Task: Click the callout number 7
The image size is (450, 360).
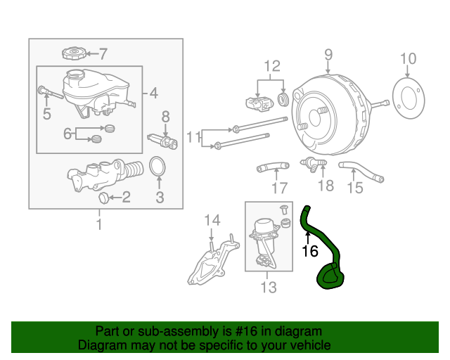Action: tap(103, 53)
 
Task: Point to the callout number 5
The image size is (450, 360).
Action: tap(46, 113)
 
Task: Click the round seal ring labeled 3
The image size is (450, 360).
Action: tap(159, 169)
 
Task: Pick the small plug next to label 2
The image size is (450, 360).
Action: tap(104, 197)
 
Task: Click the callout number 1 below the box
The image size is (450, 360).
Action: tap(99, 224)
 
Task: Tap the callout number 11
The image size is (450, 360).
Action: tap(193, 136)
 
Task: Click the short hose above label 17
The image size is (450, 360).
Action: tap(271, 167)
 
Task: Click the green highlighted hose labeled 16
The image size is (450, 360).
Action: tap(325, 253)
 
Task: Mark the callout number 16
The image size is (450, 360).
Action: tap(310, 250)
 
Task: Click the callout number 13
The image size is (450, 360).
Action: tap(269, 287)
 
